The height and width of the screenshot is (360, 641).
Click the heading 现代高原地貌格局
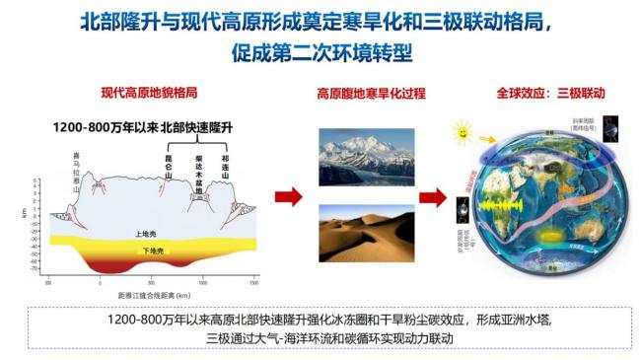(x=150, y=94)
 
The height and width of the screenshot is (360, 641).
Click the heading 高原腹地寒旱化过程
(x=371, y=94)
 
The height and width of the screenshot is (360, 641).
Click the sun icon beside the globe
(x=462, y=130)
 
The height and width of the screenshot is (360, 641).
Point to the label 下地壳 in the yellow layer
(x=149, y=251)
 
